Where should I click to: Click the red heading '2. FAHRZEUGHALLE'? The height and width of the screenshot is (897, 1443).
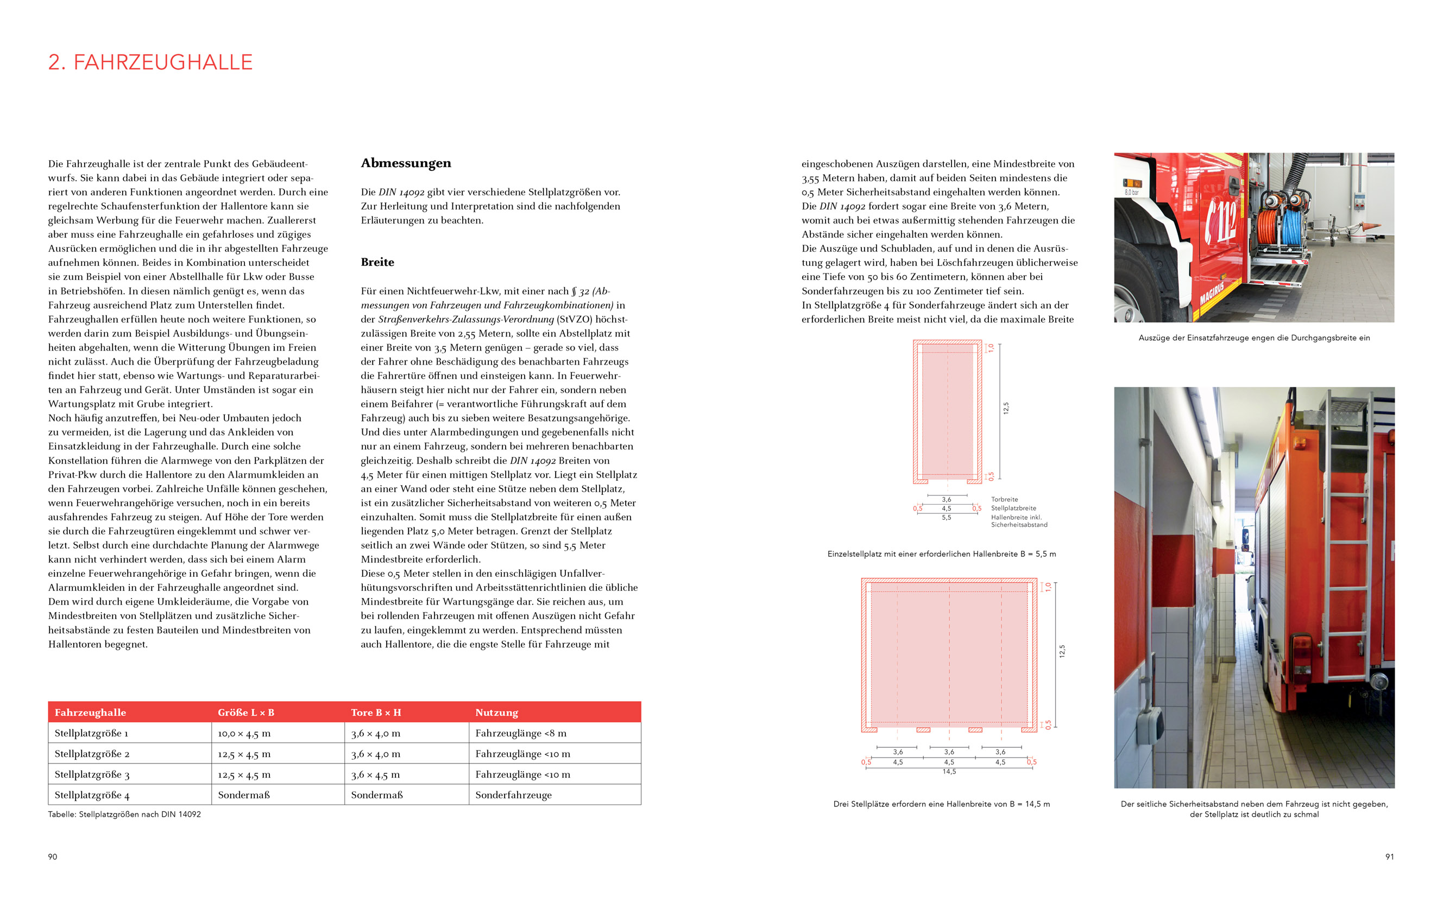[150, 62]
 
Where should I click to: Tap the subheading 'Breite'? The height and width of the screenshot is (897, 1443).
[377, 262]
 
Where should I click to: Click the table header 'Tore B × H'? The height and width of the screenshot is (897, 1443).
[376, 712]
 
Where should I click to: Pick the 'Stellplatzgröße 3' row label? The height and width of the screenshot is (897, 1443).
[92, 775]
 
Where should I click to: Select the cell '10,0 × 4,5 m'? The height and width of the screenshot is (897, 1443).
[244, 733]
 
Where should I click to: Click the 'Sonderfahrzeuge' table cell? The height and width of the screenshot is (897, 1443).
[513, 795]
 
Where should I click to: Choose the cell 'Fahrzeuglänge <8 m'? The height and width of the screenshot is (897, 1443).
[521, 733]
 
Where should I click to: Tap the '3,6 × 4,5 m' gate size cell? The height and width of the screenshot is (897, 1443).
[375, 775]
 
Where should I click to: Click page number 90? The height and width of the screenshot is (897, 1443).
[53, 857]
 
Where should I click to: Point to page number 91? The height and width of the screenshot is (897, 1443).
[1390, 857]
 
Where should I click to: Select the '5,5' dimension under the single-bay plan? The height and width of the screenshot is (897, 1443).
[946, 518]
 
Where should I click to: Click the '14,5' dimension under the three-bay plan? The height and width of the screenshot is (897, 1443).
[949, 772]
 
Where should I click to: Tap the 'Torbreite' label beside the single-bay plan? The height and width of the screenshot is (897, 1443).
[1004, 500]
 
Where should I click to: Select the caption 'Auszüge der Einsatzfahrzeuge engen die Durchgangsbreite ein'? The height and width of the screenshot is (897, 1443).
[1253, 338]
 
